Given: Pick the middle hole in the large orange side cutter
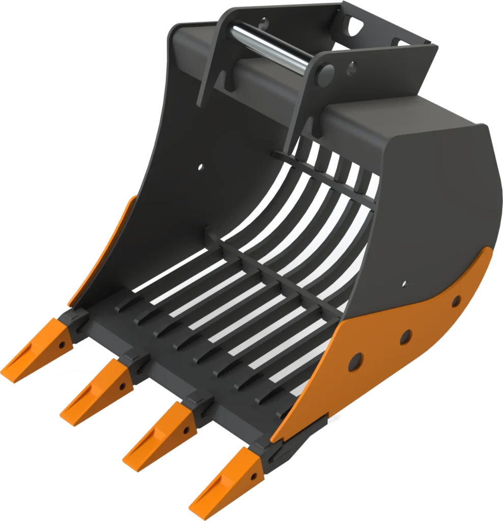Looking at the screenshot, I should pos(405,336).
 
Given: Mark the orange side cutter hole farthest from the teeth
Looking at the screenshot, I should pos(456,302).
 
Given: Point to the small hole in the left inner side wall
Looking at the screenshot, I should pos(200,166).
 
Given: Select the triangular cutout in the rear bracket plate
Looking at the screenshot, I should pos(358,23).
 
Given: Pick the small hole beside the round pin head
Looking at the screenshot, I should pos(351,65).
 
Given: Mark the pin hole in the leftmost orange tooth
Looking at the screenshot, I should pos(62,345).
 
